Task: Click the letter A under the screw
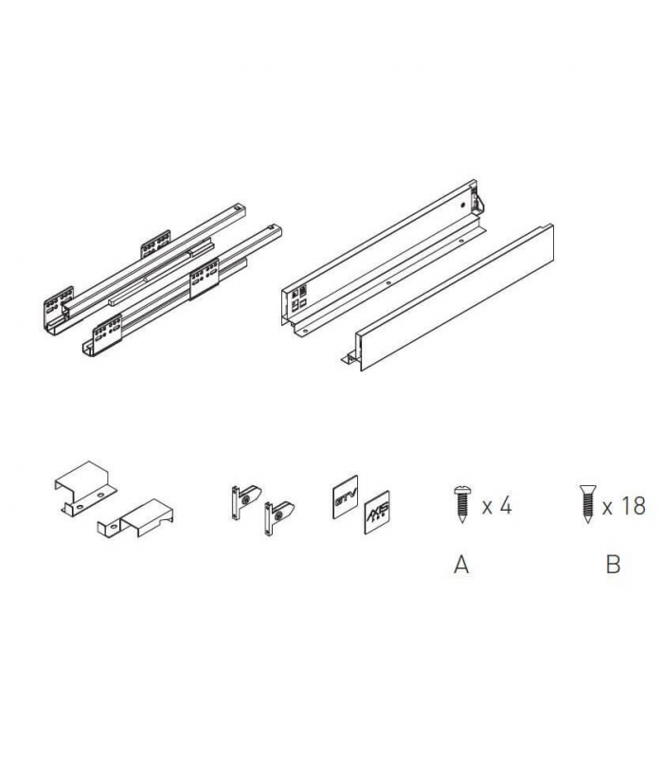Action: [x=461, y=565]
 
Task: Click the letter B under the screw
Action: [x=613, y=565]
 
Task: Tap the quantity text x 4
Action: [x=496, y=505]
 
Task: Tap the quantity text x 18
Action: [x=622, y=505]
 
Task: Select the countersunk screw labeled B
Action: [x=584, y=502]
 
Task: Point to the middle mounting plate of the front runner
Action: [x=203, y=282]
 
